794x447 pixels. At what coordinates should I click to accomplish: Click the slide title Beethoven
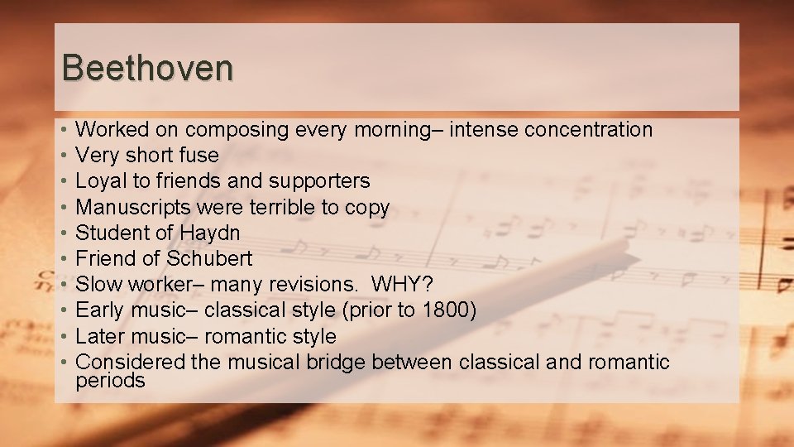[x=147, y=68]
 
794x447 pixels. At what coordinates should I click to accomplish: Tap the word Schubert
[x=209, y=258]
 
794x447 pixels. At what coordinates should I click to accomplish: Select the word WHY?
[x=403, y=284]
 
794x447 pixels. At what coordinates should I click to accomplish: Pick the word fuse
[x=198, y=155]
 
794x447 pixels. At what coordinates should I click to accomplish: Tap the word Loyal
[x=98, y=180]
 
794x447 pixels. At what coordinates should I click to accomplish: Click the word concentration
[x=589, y=129]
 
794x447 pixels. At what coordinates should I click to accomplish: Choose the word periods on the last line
[x=110, y=381]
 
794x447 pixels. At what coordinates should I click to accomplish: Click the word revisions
[x=313, y=284]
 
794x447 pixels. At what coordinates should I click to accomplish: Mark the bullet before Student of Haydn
[x=64, y=233]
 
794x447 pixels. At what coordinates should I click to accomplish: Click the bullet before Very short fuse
[x=64, y=155]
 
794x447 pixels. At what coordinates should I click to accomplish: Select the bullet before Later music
[x=64, y=336]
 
